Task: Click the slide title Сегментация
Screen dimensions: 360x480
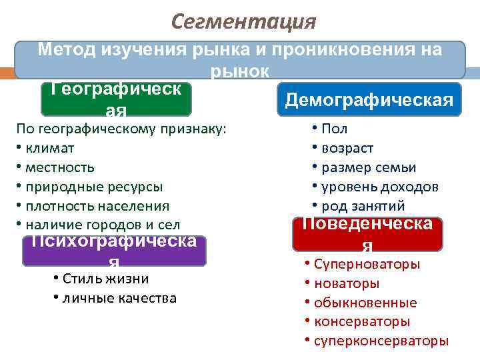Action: (x=243, y=21)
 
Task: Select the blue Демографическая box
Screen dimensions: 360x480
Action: (x=369, y=99)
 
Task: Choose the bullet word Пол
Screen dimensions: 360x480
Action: (x=334, y=129)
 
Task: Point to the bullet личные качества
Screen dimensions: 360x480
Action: (x=119, y=298)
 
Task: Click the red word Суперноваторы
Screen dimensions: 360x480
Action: (x=366, y=264)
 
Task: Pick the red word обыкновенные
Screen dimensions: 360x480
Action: (x=365, y=303)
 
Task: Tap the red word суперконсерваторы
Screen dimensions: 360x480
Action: (x=381, y=341)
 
